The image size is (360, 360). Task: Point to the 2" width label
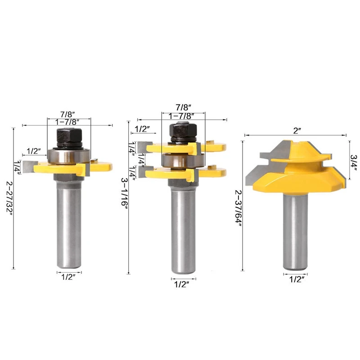(297, 131)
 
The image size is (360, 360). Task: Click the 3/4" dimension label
(354, 162)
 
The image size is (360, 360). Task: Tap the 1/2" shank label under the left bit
(68, 277)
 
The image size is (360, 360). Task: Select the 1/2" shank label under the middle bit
(181, 284)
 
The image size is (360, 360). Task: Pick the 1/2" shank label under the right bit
(297, 279)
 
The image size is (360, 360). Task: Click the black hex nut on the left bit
(69, 135)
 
